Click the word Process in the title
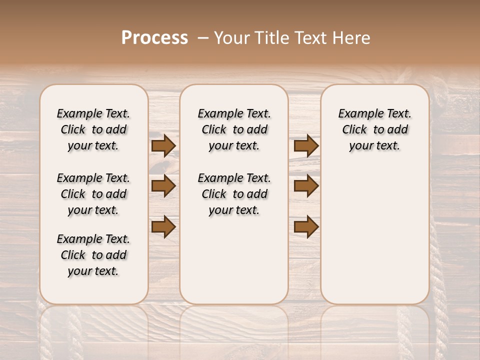154,38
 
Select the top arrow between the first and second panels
163,145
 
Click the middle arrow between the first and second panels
163,186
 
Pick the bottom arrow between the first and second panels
163,227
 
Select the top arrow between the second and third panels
306,145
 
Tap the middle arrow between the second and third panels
306,186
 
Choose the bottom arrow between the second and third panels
306,227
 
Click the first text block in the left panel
93,129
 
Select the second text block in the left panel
93,194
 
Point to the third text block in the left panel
93,255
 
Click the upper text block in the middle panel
234,129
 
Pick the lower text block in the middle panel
234,194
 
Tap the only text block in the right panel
375,129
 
